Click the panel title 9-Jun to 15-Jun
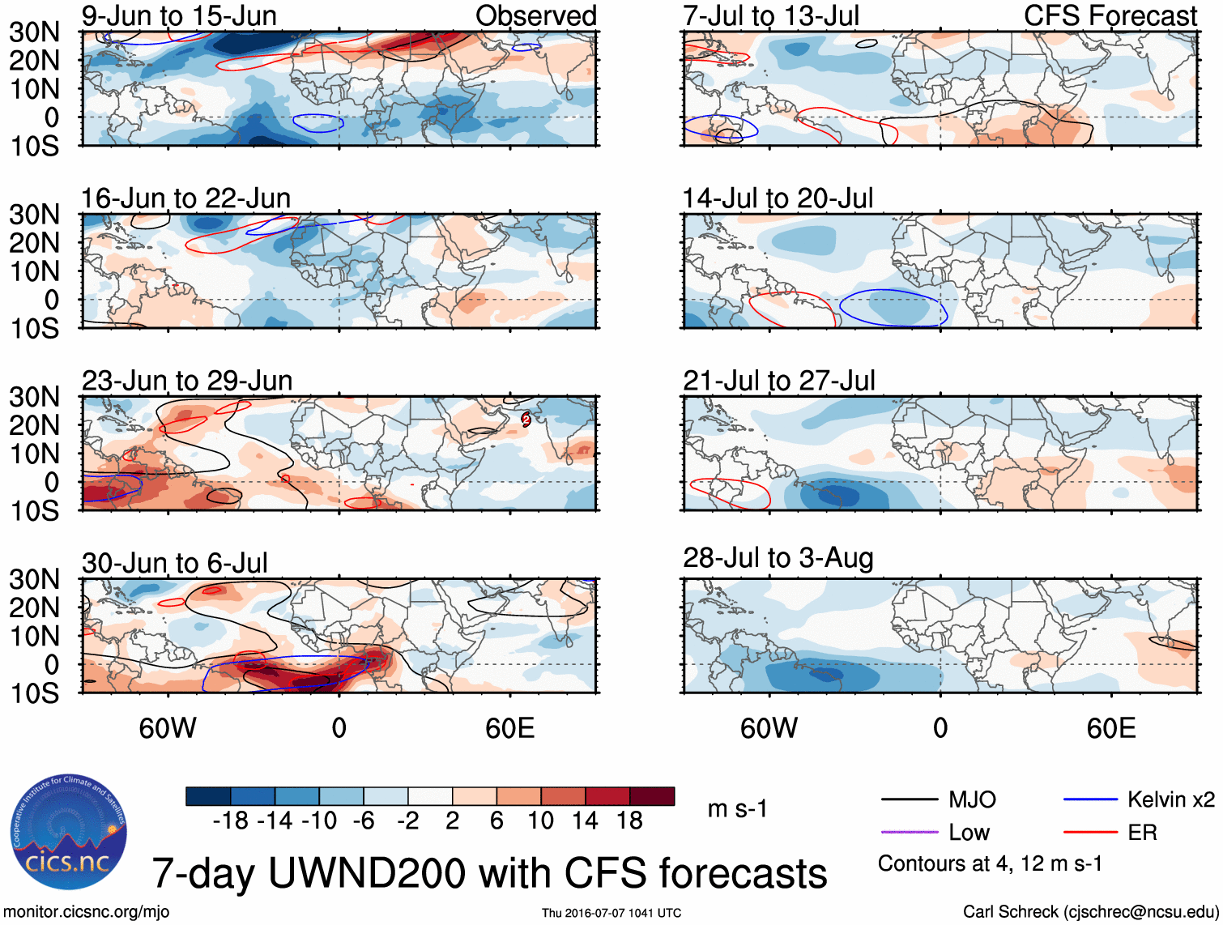coord(179,15)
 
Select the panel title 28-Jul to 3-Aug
coord(778,558)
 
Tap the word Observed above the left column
coord(535,15)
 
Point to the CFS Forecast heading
coord(1110,15)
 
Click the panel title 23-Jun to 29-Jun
coord(187,381)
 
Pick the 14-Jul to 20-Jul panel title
coord(778,198)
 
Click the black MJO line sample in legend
coord(909,800)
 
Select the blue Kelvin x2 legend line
coord(1090,800)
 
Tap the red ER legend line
coord(1090,832)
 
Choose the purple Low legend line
coord(909,832)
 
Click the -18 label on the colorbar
coord(231,821)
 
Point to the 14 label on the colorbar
coord(585,821)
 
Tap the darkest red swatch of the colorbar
coord(652,796)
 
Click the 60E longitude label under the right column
coord(1110,728)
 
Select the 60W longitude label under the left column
coord(168,728)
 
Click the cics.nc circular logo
coord(69,832)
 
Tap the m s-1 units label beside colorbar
coord(737,808)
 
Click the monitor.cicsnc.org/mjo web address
coord(87,912)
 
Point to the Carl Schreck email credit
coord(1090,912)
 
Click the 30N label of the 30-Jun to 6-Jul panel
coord(34,579)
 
